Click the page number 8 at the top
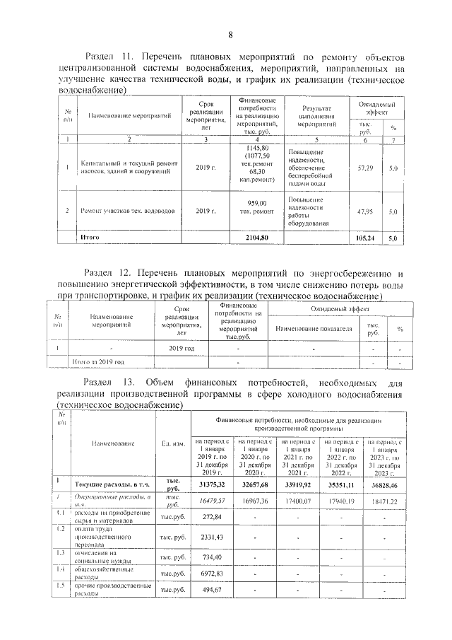click(230, 36)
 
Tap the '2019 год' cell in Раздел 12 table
click(182, 349)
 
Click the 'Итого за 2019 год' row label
click(94, 361)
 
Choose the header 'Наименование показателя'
click(314, 329)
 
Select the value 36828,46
click(385, 485)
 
